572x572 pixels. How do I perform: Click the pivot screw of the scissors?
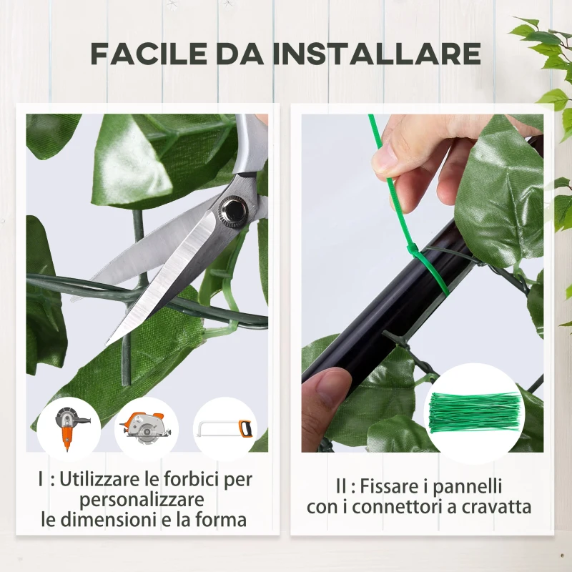pos(232,209)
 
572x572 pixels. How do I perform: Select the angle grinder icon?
pos(69,427)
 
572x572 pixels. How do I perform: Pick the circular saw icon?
pos(147,428)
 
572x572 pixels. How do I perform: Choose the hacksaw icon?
pos(225,428)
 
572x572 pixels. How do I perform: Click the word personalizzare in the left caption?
pos(142,499)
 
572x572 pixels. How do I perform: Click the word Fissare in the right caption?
pos(386,486)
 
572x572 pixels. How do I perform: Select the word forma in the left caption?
pos(222,519)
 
